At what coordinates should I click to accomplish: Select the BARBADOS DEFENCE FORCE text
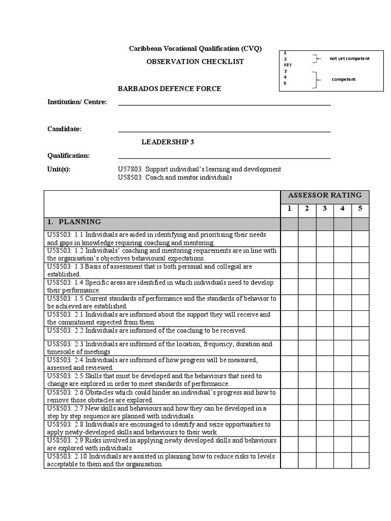tap(170, 89)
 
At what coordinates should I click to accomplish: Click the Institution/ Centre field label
tap(77, 102)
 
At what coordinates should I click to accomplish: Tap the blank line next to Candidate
tap(224, 129)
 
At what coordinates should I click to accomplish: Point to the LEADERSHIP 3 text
tap(167, 142)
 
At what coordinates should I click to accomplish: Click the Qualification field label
tap(68, 156)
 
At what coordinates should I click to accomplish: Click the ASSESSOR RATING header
tap(325, 195)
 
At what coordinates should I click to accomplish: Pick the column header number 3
tap(325, 209)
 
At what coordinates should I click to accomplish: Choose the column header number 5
tap(360, 209)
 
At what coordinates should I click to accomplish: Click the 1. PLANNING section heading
tap(80, 222)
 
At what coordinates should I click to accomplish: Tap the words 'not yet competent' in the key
tap(349, 59)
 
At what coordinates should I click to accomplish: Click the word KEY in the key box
tap(288, 65)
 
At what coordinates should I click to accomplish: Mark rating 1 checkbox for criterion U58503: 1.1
tap(289, 239)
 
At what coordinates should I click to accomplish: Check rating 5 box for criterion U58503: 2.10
tap(360, 460)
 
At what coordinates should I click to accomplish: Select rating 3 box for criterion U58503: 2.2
tap(325, 333)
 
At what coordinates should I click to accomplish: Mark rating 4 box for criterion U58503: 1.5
tap(343, 302)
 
